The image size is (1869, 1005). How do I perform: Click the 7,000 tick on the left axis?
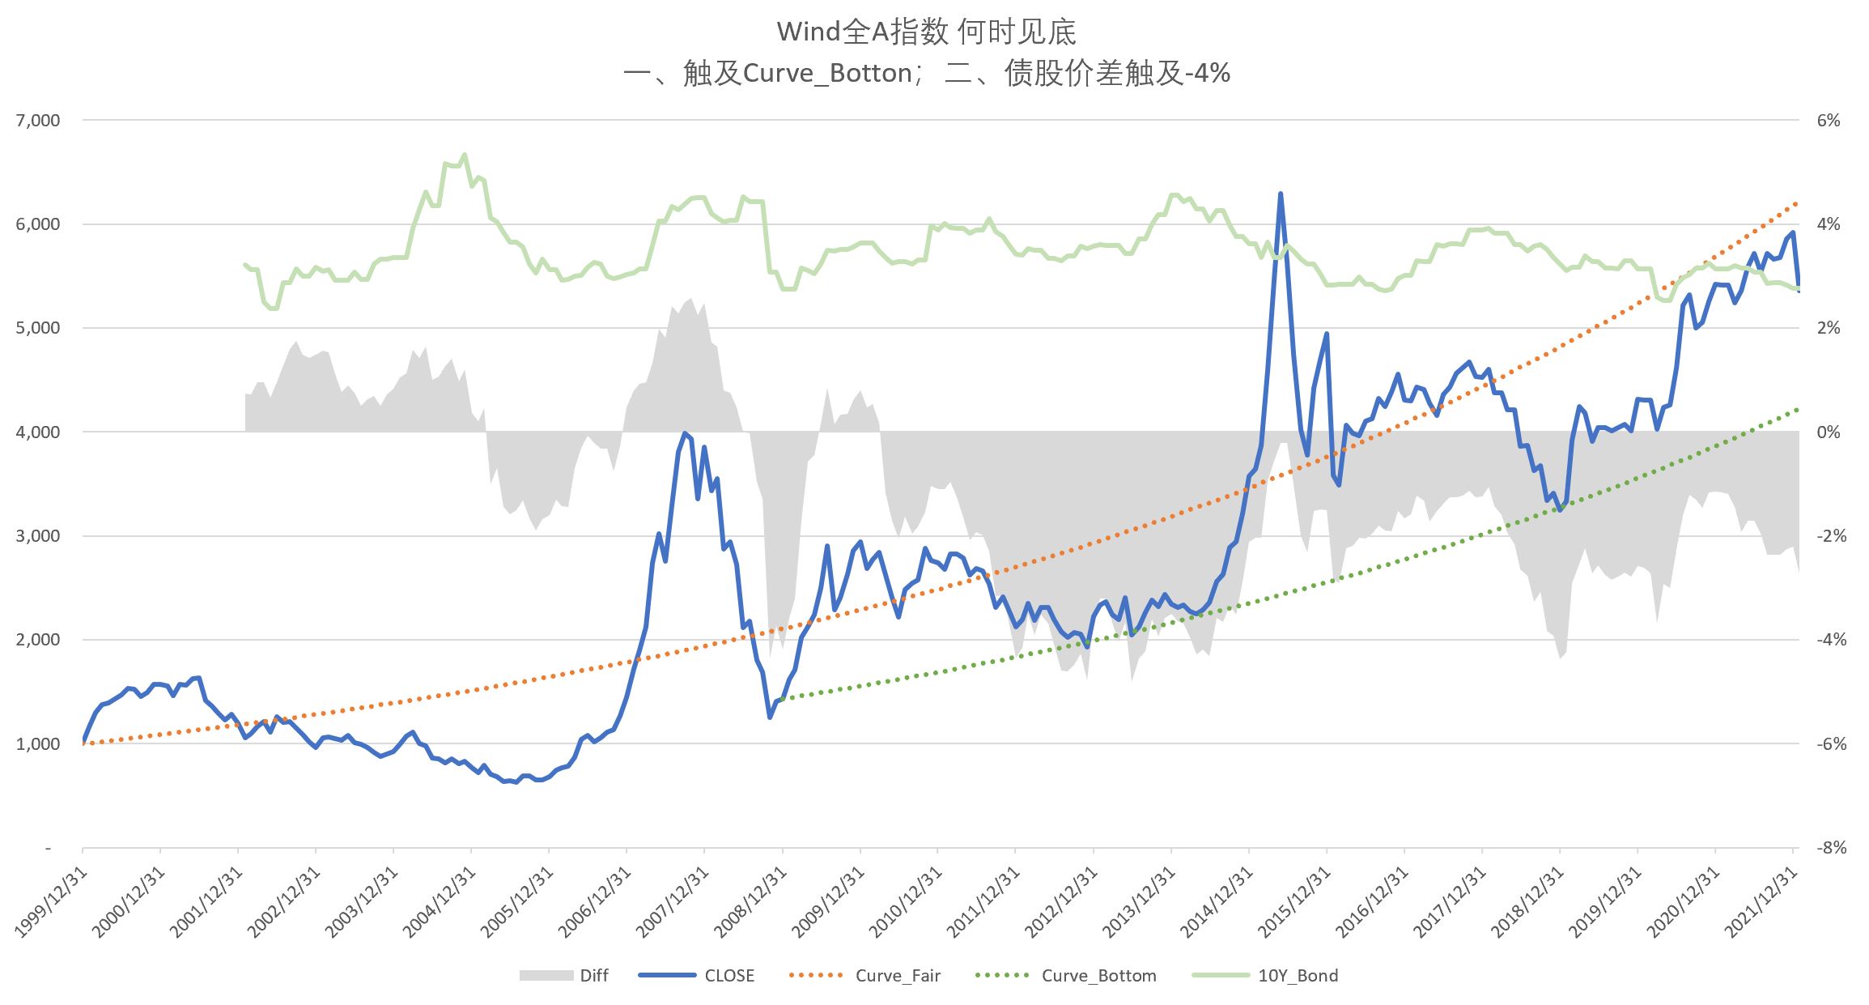(38, 121)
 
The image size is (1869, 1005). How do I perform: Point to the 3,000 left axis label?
(38, 536)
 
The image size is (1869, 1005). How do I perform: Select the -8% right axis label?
(1829, 848)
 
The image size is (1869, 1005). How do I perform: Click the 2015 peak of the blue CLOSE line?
(1280, 194)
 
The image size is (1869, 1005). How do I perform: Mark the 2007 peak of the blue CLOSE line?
(685, 433)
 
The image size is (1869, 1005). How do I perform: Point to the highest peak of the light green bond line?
(464, 154)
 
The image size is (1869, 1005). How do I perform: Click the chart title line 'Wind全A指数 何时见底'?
(926, 32)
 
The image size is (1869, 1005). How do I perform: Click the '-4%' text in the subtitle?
(1206, 74)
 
